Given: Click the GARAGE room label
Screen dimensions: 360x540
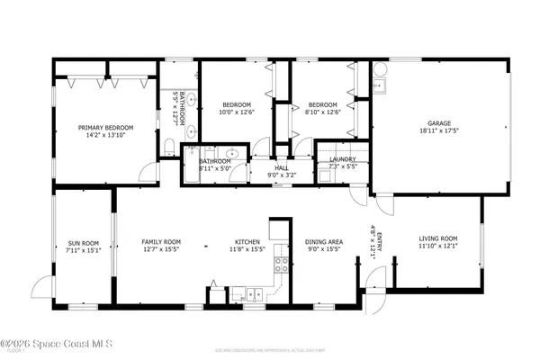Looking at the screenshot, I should [x=439, y=123].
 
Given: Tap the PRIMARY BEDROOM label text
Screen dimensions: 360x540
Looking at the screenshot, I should [x=100, y=128].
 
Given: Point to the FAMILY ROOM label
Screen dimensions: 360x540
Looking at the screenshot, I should [x=162, y=241].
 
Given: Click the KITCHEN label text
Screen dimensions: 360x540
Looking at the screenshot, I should [x=247, y=241].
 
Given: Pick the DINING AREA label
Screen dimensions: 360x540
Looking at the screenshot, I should [x=324, y=241].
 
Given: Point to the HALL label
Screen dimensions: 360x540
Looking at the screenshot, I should [x=281, y=167].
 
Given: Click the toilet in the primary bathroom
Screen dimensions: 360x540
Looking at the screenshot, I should [x=169, y=146].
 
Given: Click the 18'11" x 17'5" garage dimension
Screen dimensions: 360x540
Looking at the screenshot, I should [x=439, y=131].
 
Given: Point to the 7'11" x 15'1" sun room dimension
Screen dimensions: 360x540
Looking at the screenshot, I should [x=84, y=250].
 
